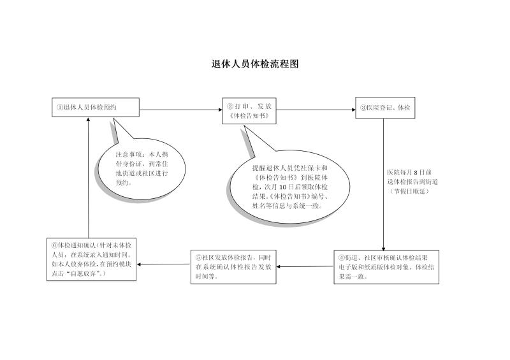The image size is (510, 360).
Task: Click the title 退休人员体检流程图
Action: coord(255,64)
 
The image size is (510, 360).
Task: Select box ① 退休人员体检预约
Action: coord(96,107)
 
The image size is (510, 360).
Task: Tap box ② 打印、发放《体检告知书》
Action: coord(249,111)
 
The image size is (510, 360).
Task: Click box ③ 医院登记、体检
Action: coord(385,108)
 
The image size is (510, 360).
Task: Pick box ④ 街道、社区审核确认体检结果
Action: coord(386,267)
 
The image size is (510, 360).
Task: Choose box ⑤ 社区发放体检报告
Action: coord(233,267)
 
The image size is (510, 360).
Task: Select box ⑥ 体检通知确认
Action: coord(91,259)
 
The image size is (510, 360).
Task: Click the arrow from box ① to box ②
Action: coord(181,110)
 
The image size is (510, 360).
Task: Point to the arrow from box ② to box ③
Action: coord(316,110)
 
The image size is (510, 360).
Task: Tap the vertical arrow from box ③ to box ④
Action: coord(384,184)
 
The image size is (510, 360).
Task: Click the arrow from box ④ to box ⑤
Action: coord(305,267)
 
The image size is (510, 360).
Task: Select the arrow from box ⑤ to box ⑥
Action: coord(163,264)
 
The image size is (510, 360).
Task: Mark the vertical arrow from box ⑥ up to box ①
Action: coord(88,178)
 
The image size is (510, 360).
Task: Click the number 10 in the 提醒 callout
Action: coord(282,187)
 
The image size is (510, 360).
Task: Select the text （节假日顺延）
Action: coord(409,191)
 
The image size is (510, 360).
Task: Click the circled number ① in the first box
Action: coord(59,107)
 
